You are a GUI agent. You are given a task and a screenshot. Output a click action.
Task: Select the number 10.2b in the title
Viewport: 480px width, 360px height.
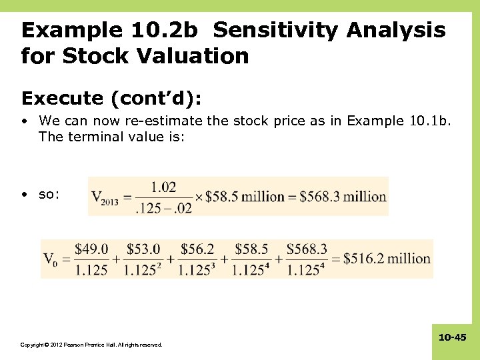click(169, 30)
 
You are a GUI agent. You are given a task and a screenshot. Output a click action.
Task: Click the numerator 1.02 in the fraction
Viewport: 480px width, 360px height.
click(163, 187)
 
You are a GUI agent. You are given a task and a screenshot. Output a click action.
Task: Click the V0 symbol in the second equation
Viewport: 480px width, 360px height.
click(51, 259)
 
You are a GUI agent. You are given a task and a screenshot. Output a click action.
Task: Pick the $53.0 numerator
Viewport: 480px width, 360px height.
click(144, 249)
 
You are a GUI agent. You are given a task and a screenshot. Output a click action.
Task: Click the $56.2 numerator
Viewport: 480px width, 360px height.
click(197, 249)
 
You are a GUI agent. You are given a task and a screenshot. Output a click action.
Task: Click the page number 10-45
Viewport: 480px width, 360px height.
click(452, 338)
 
